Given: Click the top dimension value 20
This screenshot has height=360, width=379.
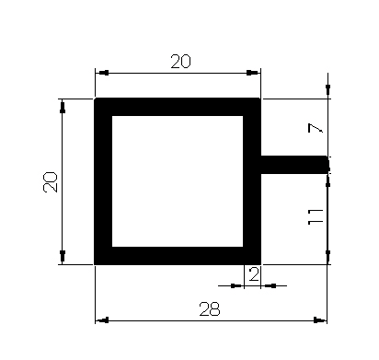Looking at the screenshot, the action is pyautogui.click(x=180, y=61).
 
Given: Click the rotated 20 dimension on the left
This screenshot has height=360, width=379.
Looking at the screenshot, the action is pyautogui.click(x=51, y=182).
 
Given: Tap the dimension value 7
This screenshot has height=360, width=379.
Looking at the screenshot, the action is pyautogui.click(x=316, y=128).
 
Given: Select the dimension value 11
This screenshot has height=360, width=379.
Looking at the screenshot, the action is pyautogui.click(x=316, y=216).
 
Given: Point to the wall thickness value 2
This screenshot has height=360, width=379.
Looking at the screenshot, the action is pyautogui.click(x=254, y=274).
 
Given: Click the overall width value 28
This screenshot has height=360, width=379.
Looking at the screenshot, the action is pyautogui.click(x=210, y=309).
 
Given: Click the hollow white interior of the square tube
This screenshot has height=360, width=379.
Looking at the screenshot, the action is pyautogui.click(x=178, y=181).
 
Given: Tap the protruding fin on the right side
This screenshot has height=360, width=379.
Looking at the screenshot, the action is pyautogui.click(x=294, y=165).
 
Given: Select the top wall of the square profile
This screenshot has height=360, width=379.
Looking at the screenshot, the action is pyautogui.click(x=178, y=107).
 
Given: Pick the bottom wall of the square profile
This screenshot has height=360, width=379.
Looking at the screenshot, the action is pyautogui.click(x=178, y=256).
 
